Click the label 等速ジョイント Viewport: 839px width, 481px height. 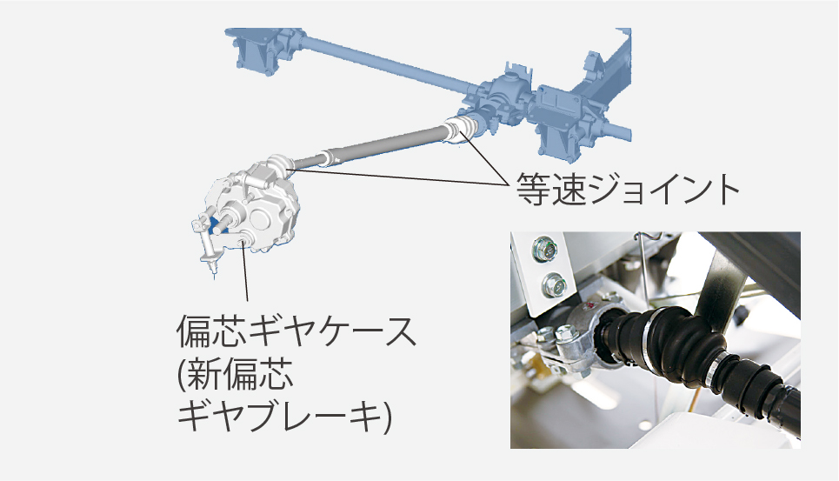[628, 189]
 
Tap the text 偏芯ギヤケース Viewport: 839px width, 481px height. [296, 331]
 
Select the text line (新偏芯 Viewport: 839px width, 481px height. [235, 374]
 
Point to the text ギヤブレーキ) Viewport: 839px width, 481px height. [284, 417]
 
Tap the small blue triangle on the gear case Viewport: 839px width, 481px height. [219, 226]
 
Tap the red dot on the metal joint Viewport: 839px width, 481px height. [589, 305]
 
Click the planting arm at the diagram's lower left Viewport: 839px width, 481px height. [208, 244]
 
